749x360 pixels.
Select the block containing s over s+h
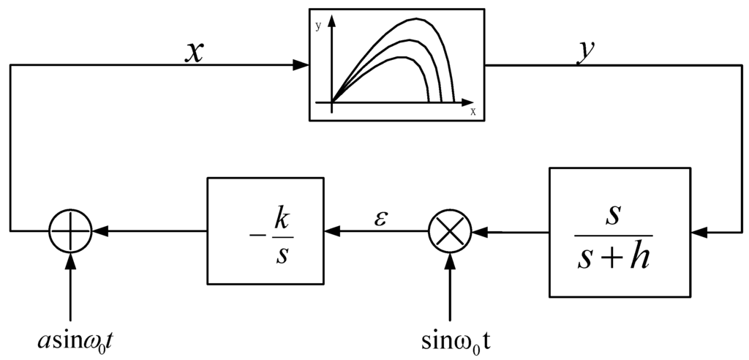coord(620,233)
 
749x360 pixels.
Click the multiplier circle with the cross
coord(450,231)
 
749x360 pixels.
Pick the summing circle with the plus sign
coord(70,231)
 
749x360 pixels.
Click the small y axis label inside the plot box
coord(319,26)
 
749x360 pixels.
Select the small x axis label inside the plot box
coord(473,112)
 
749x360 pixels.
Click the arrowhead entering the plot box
coord(301,65)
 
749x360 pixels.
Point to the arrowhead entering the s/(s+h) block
coord(699,232)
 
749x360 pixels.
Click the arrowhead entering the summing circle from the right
coord(100,231)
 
